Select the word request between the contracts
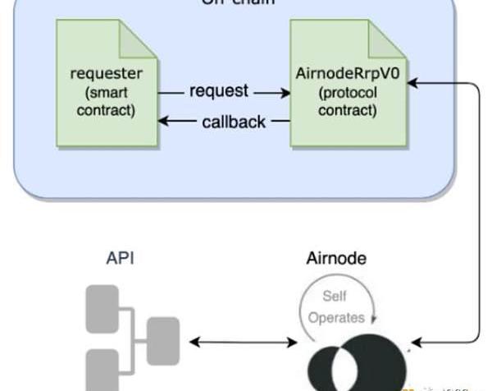(218, 91)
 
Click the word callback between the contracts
(234, 122)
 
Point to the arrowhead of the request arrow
(284, 92)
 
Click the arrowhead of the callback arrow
(164, 122)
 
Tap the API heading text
(120, 258)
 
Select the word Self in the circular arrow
(335, 296)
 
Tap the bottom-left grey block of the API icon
(102, 366)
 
